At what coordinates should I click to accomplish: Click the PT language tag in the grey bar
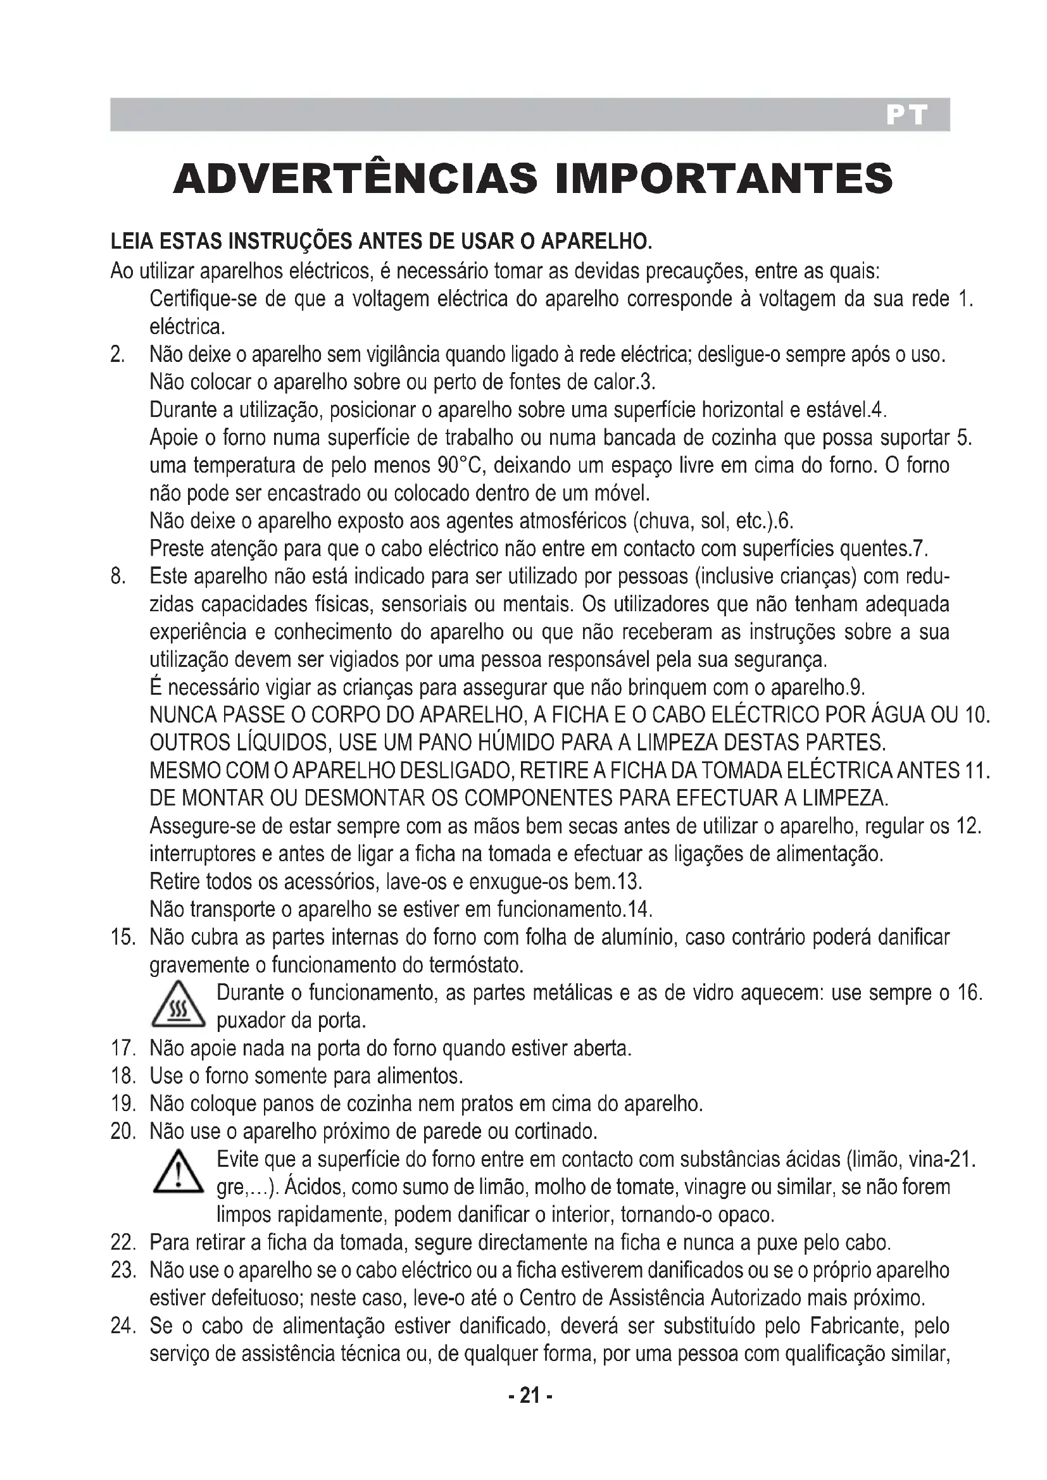[906, 115]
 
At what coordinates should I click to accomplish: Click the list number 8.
[117, 576]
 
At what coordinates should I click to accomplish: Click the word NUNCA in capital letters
[182, 716]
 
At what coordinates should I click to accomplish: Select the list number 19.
[123, 1104]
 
